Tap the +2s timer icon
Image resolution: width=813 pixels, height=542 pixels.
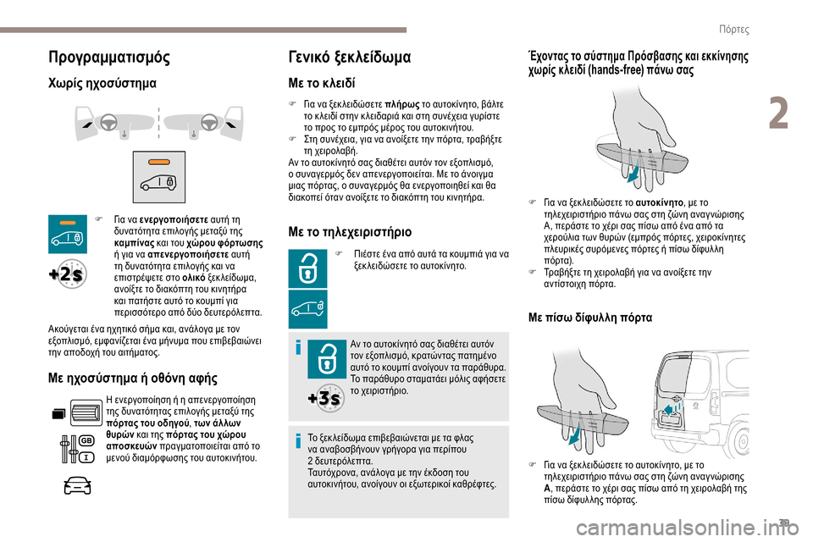pyautogui.click(x=66, y=274)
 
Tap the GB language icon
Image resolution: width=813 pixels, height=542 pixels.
pyautogui.click(x=86, y=441)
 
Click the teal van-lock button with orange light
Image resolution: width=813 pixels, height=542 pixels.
pyautogui.click(x=66, y=231)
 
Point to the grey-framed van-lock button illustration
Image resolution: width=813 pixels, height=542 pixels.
pyautogui.click(x=158, y=175)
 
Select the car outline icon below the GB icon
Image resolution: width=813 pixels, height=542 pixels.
pyautogui.click(x=76, y=486)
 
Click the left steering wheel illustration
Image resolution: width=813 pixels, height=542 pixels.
pyautogui.click(x=108, y=124)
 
